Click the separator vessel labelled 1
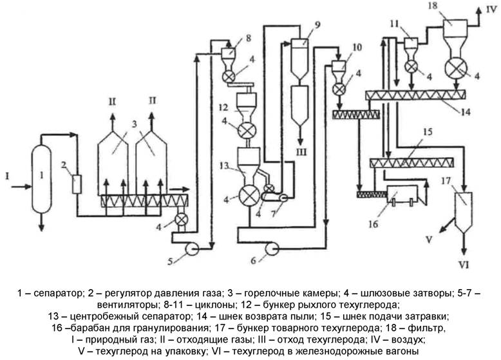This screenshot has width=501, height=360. [x=42, y=173]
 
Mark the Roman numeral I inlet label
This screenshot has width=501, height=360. [x=6, y=173]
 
